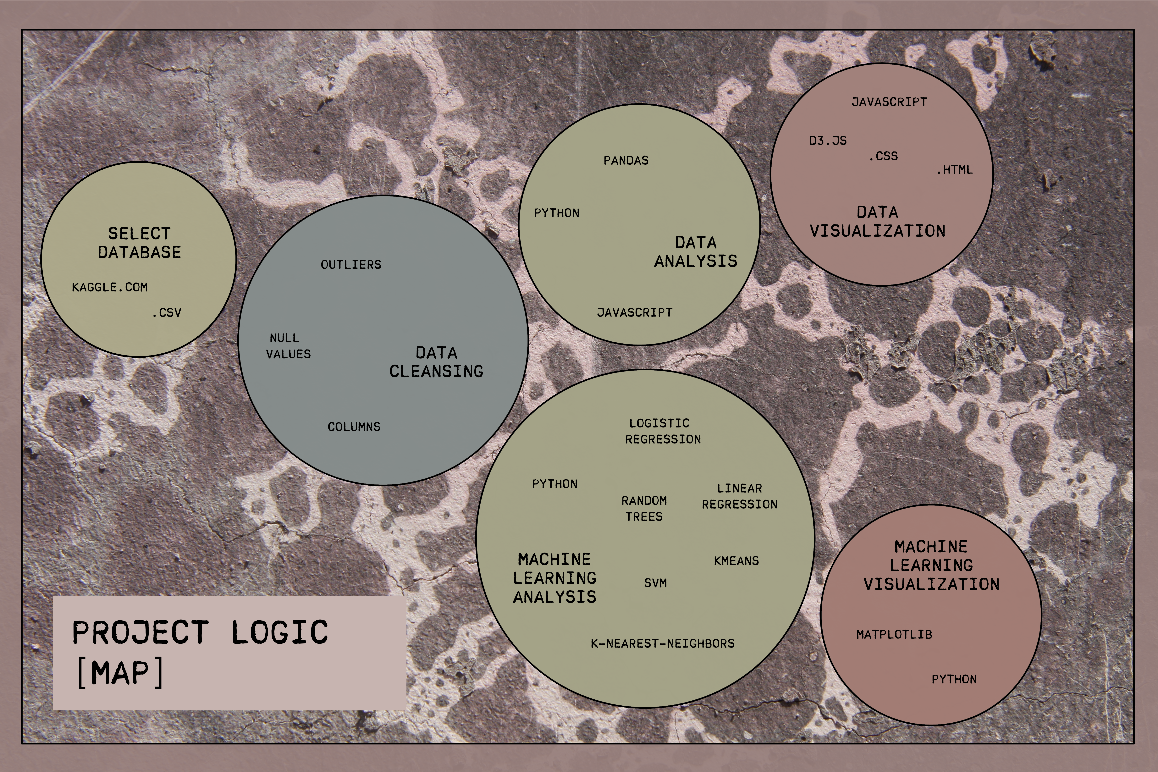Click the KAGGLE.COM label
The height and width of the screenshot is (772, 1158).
click(x=110, y=287)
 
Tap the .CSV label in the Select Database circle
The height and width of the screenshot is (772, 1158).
click(x=167, y=312)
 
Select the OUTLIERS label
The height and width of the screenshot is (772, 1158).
click(x=351, y=264)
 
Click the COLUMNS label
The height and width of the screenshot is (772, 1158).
click(x=354, y=426)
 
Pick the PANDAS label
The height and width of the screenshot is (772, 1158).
click(x=626, y=160)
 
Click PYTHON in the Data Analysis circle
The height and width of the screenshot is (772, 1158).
click(x=556, y=213)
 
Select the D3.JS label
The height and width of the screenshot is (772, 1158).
click(x=828, y=140)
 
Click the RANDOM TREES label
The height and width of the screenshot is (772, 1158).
click(x=644, y=508)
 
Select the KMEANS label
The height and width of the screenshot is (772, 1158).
click(x=736, y=560)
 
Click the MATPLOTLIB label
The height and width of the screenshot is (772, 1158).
click(x=894, y=634)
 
